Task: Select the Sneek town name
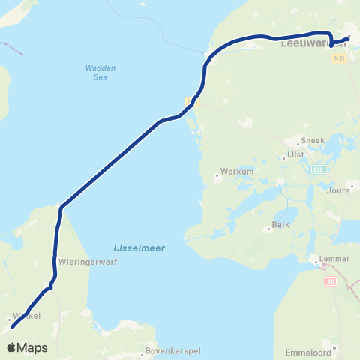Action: coord(312,140)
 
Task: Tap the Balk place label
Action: coord(281,224)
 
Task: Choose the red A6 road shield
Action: coord(331,280)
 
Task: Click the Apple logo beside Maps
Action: coord(13,347)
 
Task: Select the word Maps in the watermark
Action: coord(33,348)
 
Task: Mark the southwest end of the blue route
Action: coord(12,327)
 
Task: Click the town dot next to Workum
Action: coord(217,177)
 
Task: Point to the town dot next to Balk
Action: coord(268,229)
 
